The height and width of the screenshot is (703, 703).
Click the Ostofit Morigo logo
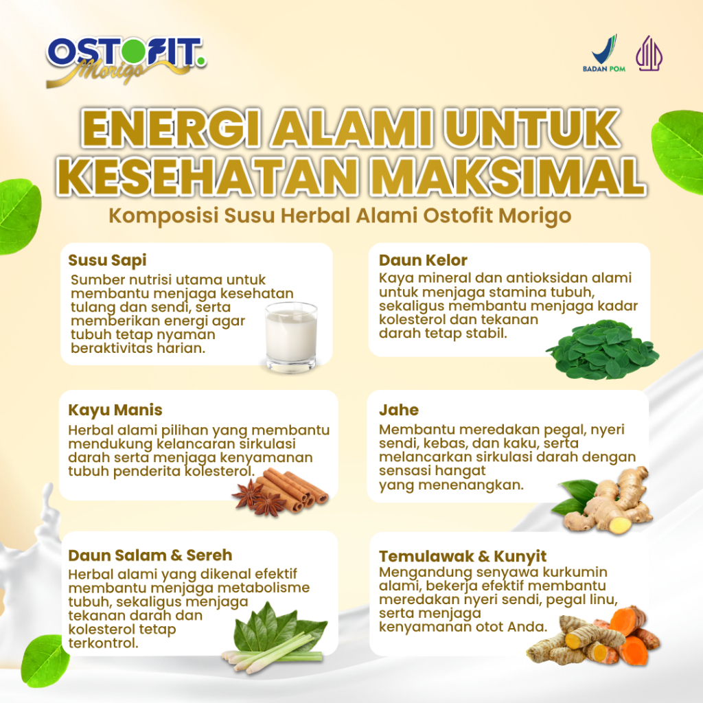[x=126, y=61]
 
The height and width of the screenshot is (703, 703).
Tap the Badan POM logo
[x=604, y=54]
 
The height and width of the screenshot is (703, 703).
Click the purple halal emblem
[x=649, y=54]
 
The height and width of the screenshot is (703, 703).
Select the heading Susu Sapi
[x=107, y=260]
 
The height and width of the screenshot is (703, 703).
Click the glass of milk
[x=291, y=337]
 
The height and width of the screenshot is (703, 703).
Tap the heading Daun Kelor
[x=423, y=260]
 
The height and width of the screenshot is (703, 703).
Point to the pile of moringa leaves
[x=602, y=348]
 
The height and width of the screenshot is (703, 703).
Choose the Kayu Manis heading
[x=115, y=410]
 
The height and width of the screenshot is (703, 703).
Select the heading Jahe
[x=399, y=410]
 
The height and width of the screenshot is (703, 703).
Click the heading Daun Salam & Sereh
[x=150, y=555]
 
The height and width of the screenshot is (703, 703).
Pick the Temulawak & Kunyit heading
[x=463, y=556]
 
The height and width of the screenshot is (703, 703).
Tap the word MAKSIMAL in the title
[x=506, y=175]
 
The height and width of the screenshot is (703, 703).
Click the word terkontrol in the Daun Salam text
[x=103, y=643]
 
